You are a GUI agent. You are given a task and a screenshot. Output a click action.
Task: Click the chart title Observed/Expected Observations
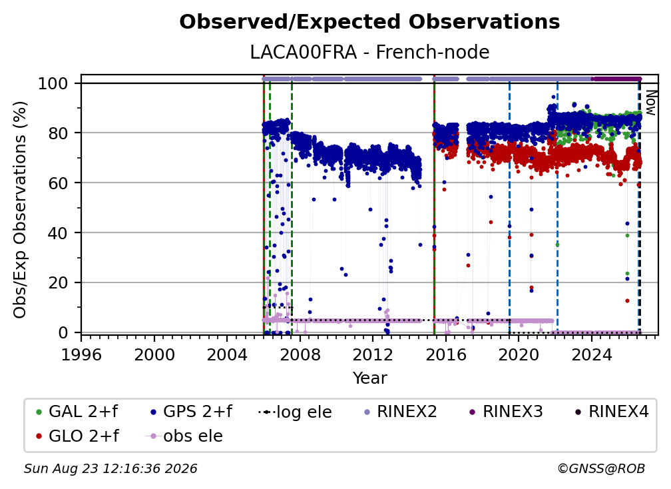tap(369, 22)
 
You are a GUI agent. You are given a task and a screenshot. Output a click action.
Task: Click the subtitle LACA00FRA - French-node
tap(369, 52)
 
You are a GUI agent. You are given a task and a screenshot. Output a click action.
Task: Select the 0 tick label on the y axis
tap(63, 332)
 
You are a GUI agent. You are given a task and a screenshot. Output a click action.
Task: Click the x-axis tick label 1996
tap(81, 354)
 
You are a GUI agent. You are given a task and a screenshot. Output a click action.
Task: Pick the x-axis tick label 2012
tap(373, 354)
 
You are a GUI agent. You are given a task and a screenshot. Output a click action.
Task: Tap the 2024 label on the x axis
tap(591, 354)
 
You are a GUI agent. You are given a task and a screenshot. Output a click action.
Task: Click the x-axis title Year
tap(369, 378)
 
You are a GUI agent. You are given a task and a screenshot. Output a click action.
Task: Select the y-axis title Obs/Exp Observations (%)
tap(20, 210)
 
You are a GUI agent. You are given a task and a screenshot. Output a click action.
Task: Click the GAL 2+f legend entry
tap(77, 412)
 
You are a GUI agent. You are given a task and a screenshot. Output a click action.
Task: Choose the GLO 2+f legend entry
tap(77, 436)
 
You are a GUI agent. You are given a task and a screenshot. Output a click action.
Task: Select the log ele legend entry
tap(296, 412)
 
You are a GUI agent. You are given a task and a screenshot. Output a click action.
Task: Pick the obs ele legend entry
tap(184, 436)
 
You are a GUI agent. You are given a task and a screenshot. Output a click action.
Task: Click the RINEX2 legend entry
tap(401, 412)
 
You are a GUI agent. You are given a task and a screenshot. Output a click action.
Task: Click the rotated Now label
tap(650, 103)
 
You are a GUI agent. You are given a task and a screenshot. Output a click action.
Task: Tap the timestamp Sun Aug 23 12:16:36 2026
tap(111, 469)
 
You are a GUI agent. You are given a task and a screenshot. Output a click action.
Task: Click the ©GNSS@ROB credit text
tap(601, 469)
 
